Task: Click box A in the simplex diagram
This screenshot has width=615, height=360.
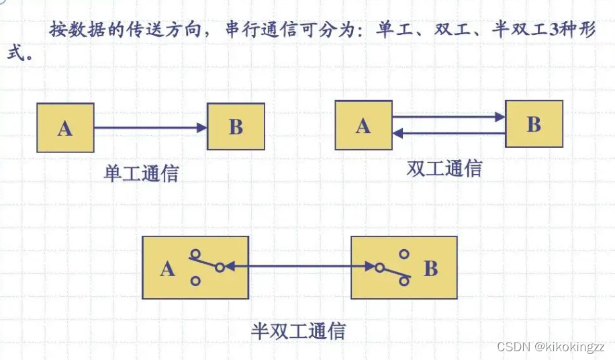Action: (65, 127)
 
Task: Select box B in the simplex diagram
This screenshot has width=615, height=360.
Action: (236, 126)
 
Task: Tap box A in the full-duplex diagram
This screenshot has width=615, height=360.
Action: (363, 125)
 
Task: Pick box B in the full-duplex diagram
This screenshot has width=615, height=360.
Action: (534, 124)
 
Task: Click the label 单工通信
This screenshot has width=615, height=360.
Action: (142, 173)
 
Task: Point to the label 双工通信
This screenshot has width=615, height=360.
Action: (444, 168)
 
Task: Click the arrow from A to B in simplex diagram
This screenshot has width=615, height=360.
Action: (150, 127)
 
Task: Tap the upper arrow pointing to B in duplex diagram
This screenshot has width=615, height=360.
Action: (448, 117)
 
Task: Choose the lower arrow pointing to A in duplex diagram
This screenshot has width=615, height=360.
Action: (448, 133)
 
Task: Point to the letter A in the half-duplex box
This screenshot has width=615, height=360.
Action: (168, 269)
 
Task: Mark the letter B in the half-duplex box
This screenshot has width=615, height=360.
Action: (430, 269)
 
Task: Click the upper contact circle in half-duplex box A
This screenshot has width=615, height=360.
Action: (195, 254)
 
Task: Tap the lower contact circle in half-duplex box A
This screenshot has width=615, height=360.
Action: (195, 281)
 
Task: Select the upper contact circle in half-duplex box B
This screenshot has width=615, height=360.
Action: (404, 254)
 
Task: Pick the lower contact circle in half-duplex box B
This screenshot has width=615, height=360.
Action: (404, 281)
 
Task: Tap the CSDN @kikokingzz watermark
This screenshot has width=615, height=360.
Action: (551, 347)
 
